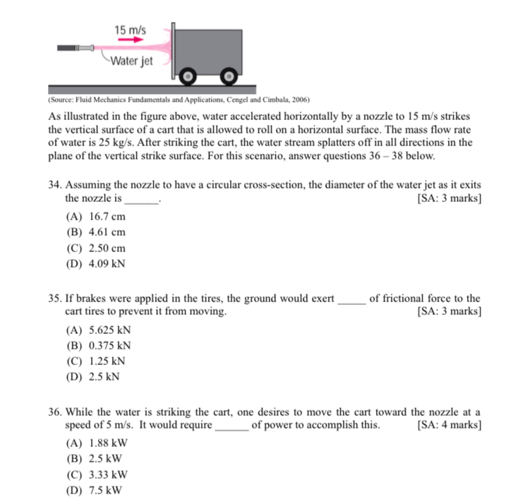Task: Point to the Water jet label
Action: pyautogui.click(x=131, y=61)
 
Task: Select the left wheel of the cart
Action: pyautogui.click(x=188, y=76)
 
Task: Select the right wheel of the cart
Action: pyautogui.click(x=229, y=76)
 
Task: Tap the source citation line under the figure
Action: pyautogui.click(x=180, y=100)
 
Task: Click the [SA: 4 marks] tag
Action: pyautogui.click(x=449, y=425)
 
